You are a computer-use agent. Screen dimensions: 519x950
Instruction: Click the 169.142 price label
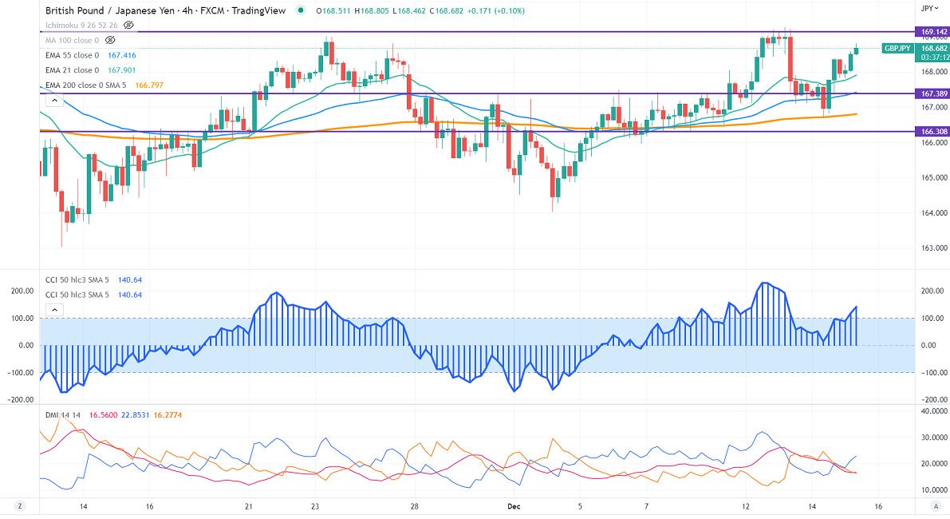[x=932, y=32]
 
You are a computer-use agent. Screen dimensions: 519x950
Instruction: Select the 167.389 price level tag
[x=932, y=93]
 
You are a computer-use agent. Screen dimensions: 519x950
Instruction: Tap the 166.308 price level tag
[x=932, y=131]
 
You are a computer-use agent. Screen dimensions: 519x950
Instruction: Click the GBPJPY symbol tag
[x=897, y=49]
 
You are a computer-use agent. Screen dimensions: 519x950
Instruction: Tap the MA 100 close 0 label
[x=72, y=40]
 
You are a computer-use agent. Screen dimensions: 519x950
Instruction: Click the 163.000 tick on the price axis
[x=932, y=248]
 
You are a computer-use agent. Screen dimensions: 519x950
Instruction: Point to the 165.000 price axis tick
[x=932, y=177]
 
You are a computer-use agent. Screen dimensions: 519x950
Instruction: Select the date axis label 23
[x=315, y=506]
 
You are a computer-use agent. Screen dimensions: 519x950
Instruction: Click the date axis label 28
[x=415, y=506]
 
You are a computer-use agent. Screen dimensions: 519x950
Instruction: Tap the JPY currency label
[x=927, y=8]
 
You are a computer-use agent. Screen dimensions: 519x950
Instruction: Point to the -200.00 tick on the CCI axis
[x=931, y=399]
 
